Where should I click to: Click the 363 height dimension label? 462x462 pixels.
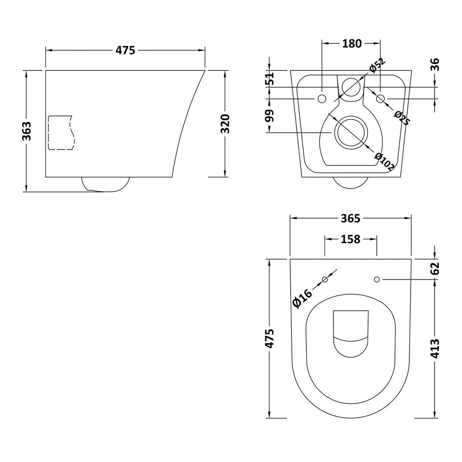point(26,131)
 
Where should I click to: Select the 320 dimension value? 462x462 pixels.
point(225,124)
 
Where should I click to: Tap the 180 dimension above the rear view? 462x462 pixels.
point(352,44)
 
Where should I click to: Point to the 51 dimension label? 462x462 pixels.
point(269,79)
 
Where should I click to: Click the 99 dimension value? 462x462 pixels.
point(269,116)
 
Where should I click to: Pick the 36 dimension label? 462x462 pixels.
point(435,64)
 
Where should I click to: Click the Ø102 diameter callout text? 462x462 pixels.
point(384,161)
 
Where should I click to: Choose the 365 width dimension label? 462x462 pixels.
point(350,218)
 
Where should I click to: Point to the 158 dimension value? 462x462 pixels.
point(350,239)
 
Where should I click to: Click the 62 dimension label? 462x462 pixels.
point(435,268)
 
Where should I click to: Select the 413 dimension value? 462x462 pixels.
point(435,348)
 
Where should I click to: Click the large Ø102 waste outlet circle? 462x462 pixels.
point(350,132)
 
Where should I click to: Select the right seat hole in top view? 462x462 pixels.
point(377,280)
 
